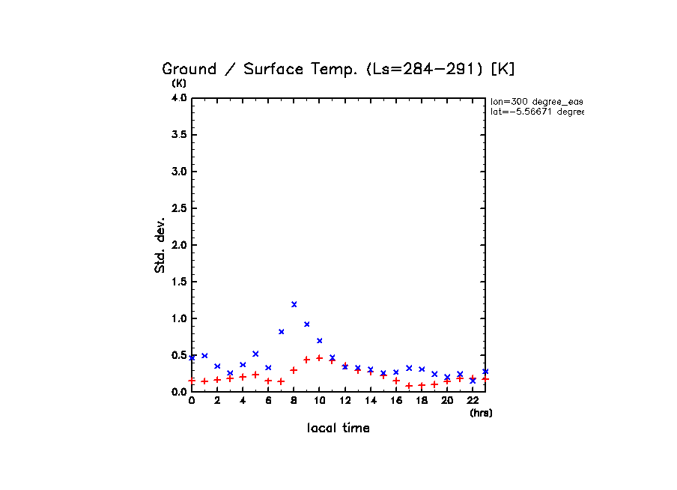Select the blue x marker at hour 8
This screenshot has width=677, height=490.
[294, 304]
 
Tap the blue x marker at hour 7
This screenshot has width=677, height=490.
[282, 331]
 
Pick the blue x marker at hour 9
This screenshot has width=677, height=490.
[307, 324]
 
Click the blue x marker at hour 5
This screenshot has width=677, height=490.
[255, 354]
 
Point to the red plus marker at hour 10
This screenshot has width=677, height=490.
[320, 358]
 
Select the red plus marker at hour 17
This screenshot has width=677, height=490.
[409, 386]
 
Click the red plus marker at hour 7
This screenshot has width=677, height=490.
[282, 381]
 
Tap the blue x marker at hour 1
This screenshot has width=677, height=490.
[204, 355]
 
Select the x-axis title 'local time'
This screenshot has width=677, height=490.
[338, 429]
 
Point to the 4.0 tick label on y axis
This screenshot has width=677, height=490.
[178, 98]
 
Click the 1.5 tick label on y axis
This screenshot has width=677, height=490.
[178, 282]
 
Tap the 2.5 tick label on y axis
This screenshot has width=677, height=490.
[178, 208]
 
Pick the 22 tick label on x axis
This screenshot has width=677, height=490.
[473, 401]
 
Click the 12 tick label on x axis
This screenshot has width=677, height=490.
[345, 401]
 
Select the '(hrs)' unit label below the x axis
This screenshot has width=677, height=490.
[481, 413]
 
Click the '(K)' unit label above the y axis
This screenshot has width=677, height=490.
[179, 83]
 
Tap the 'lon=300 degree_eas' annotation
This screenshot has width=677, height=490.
[536, 101]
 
